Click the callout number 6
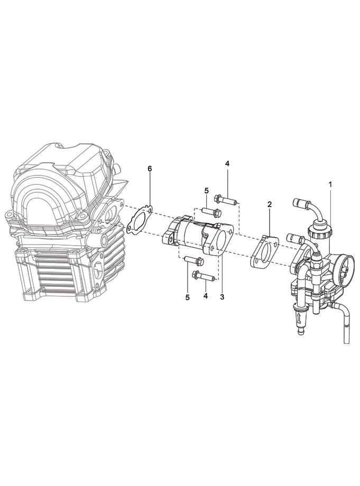[150, 169]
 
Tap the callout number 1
[330, 184]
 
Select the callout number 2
[270, 204]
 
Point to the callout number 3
[221, 297]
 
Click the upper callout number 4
[227, 164]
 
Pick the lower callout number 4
[205, 296]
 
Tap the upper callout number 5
[207, 190]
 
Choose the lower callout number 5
[187, 297]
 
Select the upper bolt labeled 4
[227, 199]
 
